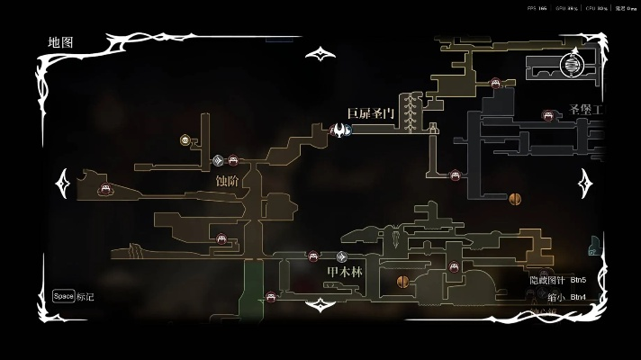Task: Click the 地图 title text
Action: (x=61, y=42)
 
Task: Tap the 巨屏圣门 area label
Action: (x=370, y=113)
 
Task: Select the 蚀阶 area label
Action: (x=228, y=180)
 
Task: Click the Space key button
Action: (x=63, y=296)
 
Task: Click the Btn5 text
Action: (x=578, y=280)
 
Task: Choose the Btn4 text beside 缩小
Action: (x=578, y=297)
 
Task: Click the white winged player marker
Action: (x=340, y=130)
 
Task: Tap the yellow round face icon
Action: (x=185, y=139)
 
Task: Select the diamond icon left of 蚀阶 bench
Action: (x=218, y=161)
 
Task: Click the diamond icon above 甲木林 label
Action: (x=341, y=256)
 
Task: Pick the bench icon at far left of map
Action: (x=105, y=189)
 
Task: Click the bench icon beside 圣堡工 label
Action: (x=546, y=114)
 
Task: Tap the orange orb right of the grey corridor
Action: (x=516, y=198)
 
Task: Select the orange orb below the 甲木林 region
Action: (x=402, y=282)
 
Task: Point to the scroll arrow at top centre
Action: (x=320, y=54)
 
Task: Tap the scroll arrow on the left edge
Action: (x=64, y=184)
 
